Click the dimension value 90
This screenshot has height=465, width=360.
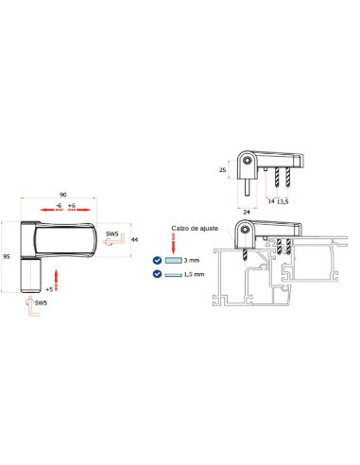click(x=63, y=195)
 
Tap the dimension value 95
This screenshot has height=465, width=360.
click(x=7, y=257)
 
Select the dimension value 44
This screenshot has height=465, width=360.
click(x=134, y=240)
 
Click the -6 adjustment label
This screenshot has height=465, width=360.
click(x=59, y=206)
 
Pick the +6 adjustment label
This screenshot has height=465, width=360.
click(x=72, y=206)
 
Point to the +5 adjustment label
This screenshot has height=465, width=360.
click(x=49, y=289)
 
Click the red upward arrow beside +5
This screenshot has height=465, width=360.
click(x=57, y=280)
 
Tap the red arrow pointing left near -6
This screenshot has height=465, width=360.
click(x=51, y=210)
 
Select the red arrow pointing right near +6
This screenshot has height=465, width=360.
click(x=79, y=210)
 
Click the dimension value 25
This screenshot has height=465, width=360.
click(x=222, y=170)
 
